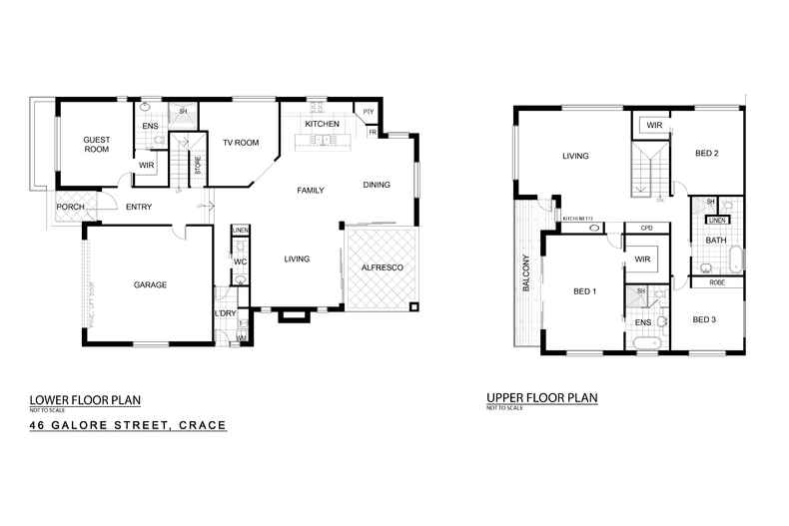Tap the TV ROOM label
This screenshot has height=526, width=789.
241,143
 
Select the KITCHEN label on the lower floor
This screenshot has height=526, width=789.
323,124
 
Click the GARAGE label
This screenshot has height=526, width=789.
150,284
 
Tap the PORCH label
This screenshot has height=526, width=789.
70,207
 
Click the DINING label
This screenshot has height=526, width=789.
377,184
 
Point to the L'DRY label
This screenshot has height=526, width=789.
225,314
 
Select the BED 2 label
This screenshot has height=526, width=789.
707,153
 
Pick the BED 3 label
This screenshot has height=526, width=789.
705,319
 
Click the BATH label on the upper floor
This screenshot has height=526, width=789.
716,241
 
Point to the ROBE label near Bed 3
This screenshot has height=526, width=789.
717,282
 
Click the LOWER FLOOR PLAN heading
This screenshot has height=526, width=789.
85,401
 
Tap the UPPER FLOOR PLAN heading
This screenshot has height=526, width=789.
541,397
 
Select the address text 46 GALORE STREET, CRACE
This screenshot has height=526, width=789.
128,425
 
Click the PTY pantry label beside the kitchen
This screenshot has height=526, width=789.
368,111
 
